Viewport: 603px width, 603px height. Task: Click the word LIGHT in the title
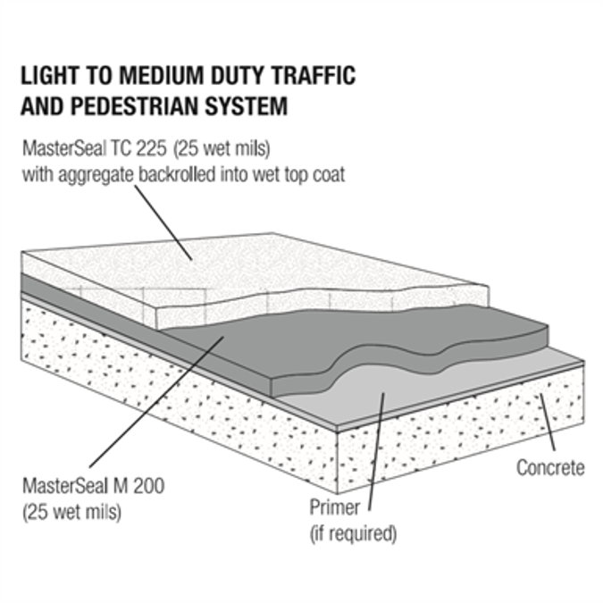click(52, 76)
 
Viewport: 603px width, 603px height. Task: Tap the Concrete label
click(550, 467)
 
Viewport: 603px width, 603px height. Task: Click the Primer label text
click(333, 509)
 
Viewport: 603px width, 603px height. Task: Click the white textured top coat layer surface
click(268, 268)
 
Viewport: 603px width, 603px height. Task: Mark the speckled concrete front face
click(179, 393)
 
